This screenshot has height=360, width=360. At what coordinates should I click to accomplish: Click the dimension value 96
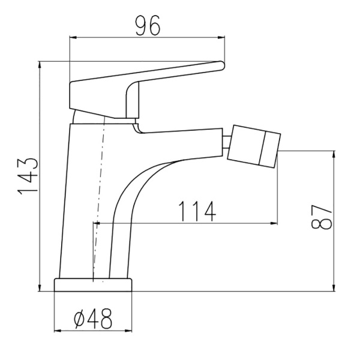(148, 26)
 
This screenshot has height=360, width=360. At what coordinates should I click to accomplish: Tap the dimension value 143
(28, 176)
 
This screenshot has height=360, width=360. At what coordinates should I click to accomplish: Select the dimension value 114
(197, 211)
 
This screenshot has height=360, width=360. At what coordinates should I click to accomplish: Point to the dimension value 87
(322, 217)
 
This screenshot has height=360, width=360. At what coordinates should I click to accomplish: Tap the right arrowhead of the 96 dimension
(221, 37)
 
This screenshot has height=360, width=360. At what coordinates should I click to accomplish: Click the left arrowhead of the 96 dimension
(73, 37)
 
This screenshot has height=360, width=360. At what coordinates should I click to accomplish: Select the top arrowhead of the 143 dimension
(40, 65)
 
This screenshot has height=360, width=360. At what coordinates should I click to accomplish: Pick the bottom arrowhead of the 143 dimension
(40, 287)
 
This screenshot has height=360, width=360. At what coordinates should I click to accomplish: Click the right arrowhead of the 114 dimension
(274, 223)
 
